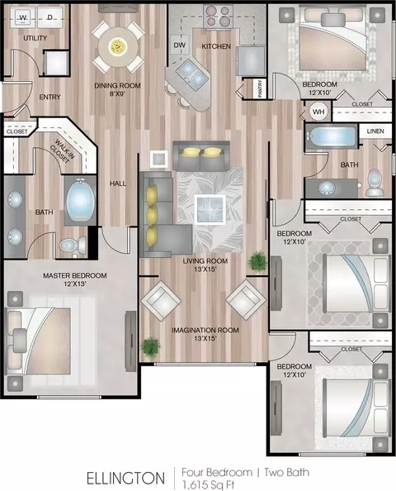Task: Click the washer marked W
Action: tap(23, 17)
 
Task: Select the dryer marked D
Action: tap(50, 17)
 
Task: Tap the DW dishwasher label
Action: tap(179, 45)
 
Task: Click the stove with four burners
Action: tap(218, 17)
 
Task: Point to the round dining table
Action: tap(118, 47)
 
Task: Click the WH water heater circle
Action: tap(318, 112)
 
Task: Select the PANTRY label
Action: tap(260, 88)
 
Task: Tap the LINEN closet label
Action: tap(375, 131)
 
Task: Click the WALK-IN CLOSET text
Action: tap(62, 151)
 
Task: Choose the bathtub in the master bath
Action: tap(80, 199)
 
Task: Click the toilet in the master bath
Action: tap(73, 244)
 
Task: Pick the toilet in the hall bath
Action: tap(375, 183)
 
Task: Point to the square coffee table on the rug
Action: tap(210, 209)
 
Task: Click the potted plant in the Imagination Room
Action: tap(150, 347)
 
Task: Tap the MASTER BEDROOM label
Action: tap(75, 275)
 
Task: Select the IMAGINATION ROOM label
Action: tap(205, 330)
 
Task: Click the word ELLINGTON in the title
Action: tap(125, 479)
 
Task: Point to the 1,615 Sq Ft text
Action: tap(209, 485)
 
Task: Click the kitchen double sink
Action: tap(191, 74)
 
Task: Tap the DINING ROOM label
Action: tap(117, 85)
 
